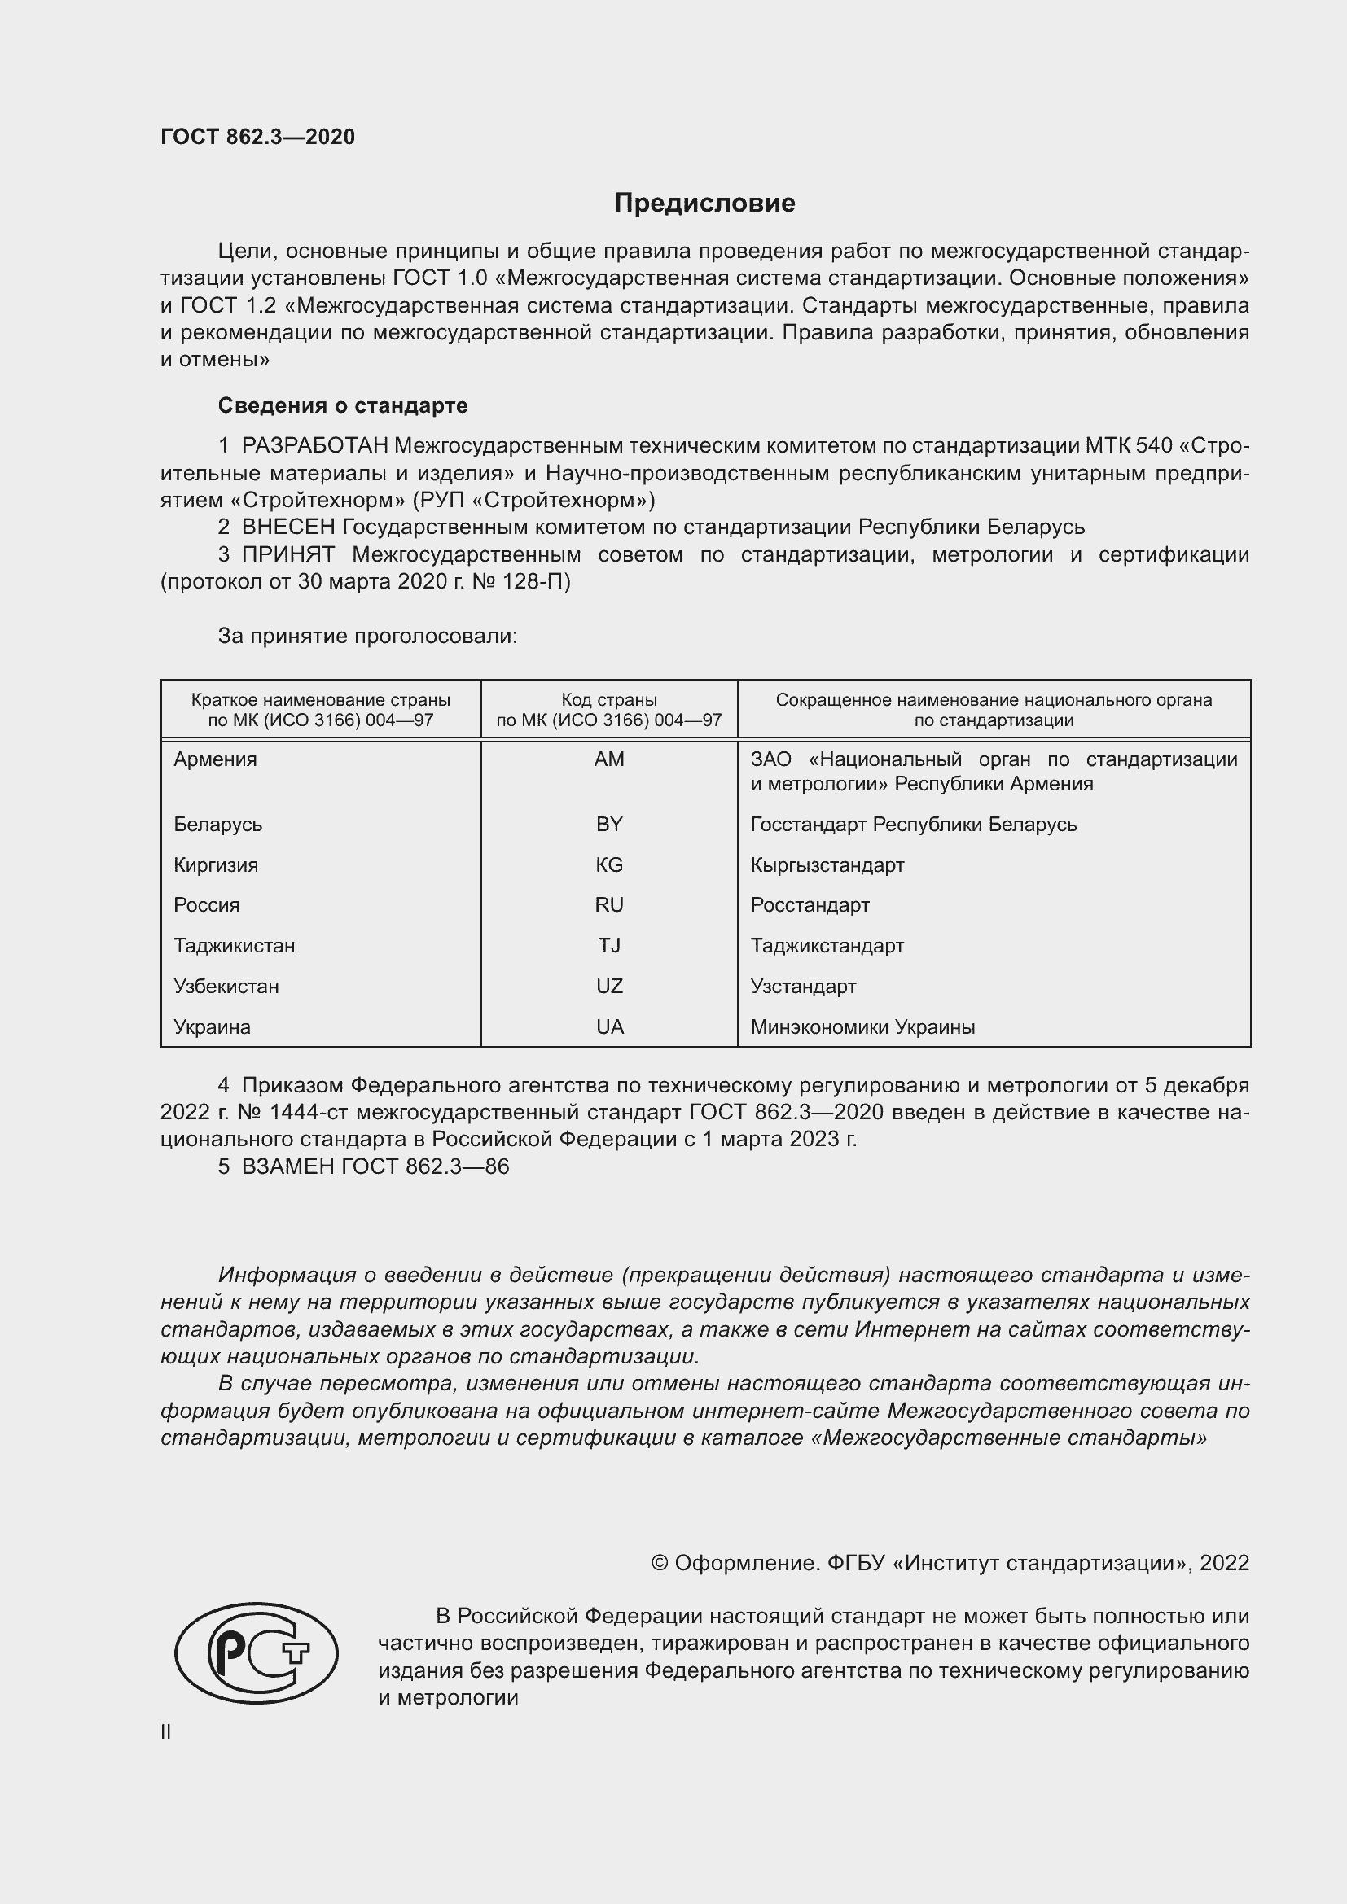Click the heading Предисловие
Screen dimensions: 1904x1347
704,204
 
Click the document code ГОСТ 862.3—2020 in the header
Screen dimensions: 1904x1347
257,137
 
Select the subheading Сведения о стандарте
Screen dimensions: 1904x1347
343,405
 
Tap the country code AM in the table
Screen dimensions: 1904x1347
609,759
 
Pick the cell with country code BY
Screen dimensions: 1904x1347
609,825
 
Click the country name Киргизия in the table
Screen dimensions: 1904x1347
216,865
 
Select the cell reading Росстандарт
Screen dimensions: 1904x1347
810,905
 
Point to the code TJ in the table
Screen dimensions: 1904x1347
609,946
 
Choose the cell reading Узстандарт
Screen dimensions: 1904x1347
803,987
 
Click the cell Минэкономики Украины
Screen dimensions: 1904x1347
862,1027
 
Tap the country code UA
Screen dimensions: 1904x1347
609,1027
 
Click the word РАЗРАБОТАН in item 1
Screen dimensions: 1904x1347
314,446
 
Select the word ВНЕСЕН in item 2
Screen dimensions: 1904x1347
287,527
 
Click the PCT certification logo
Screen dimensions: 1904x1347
257,1652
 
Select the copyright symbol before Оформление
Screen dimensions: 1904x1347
660,1563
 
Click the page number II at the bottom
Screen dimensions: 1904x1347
166,1731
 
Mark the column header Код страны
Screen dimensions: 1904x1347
609,700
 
